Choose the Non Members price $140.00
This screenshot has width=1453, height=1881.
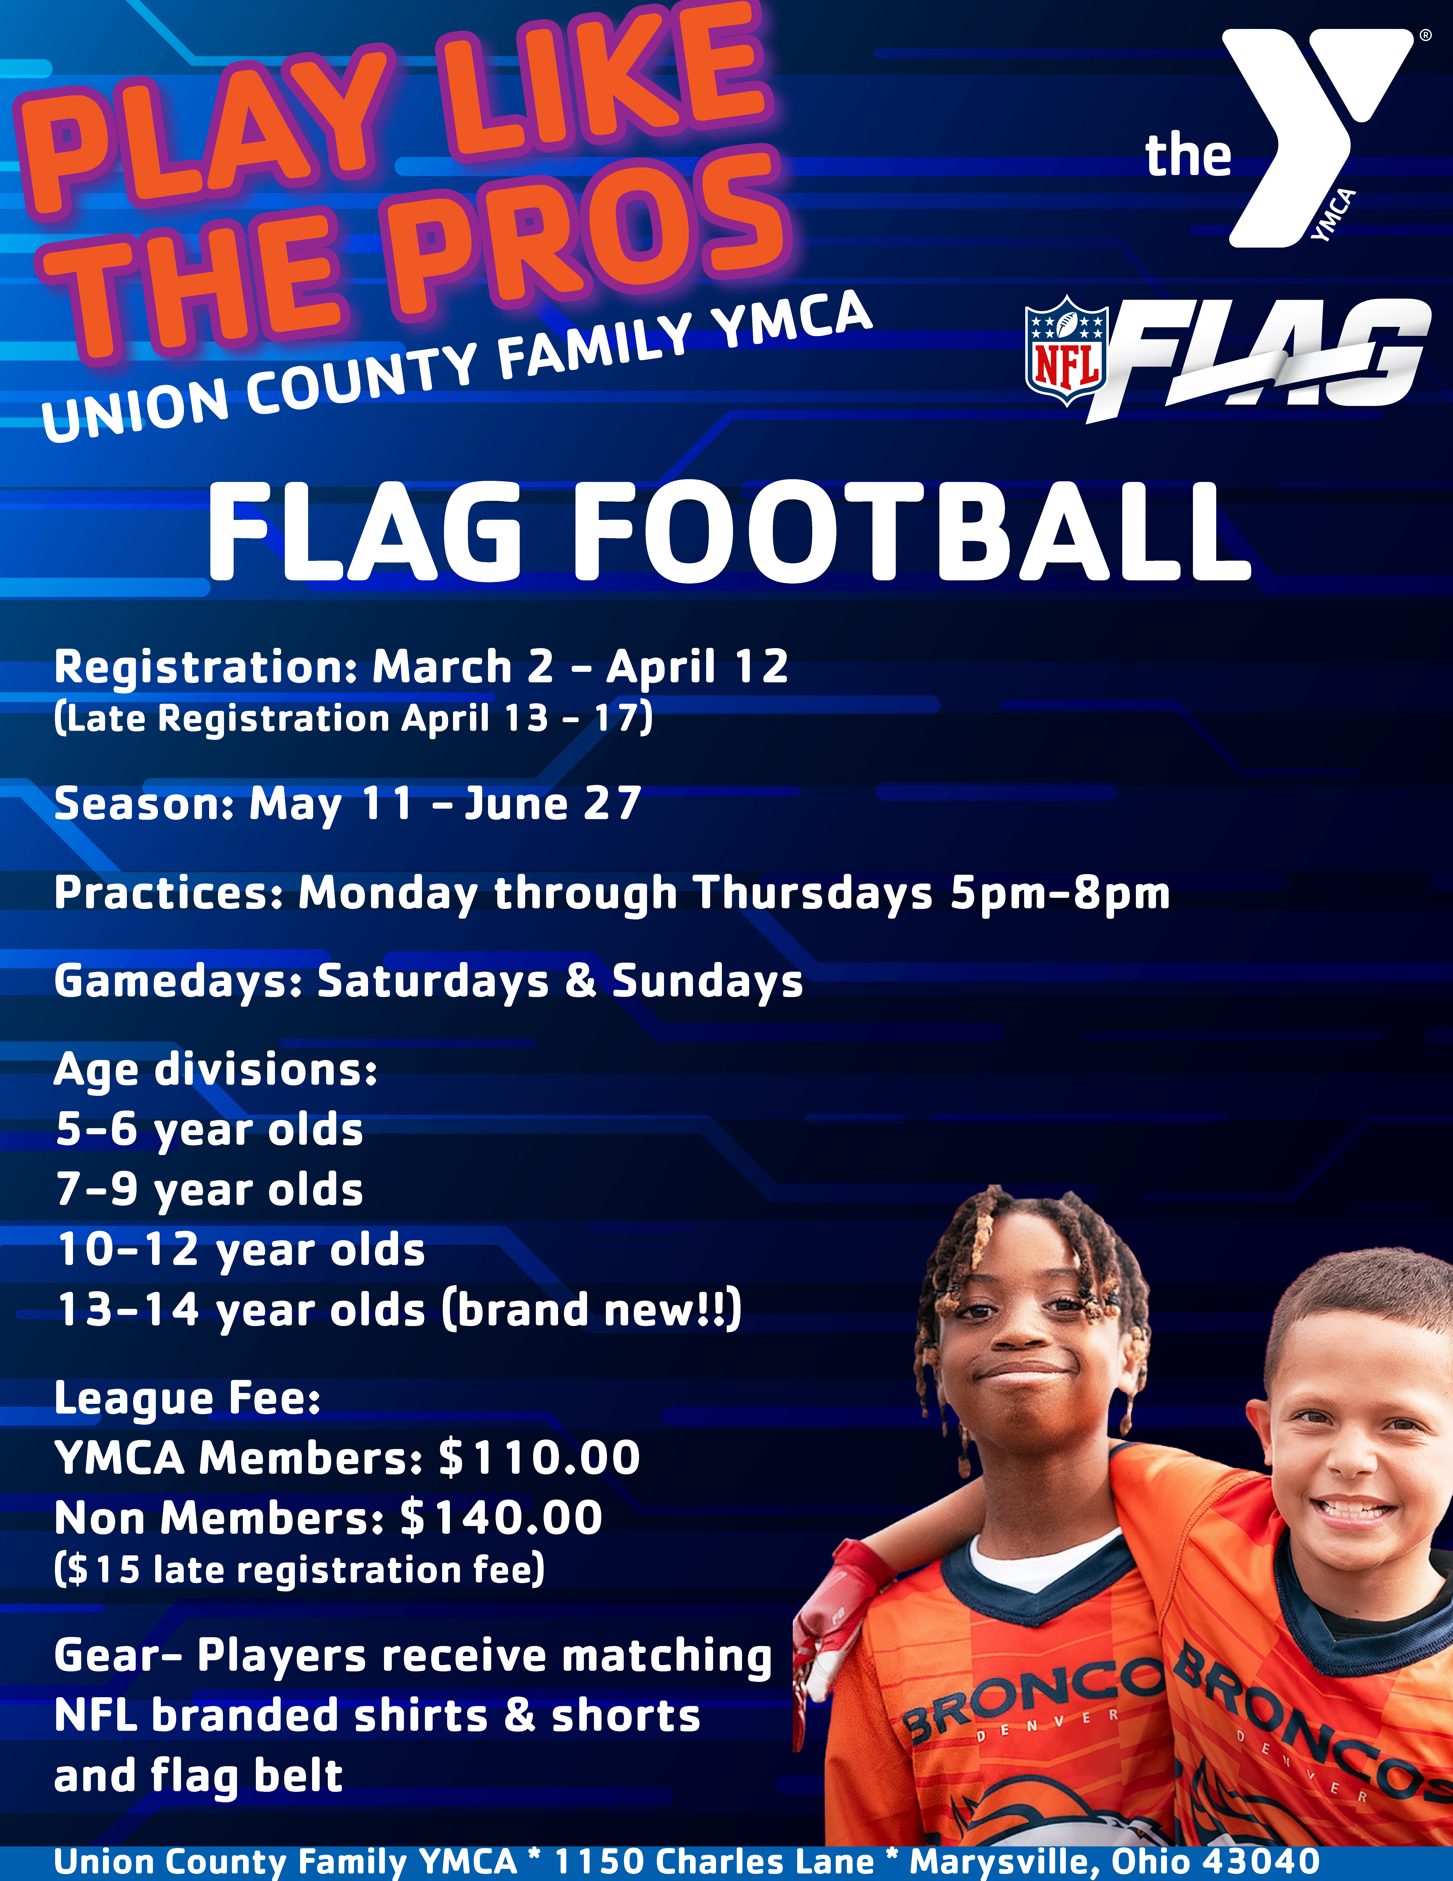(502, 1518)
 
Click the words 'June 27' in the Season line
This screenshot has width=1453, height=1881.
(553, 804)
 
